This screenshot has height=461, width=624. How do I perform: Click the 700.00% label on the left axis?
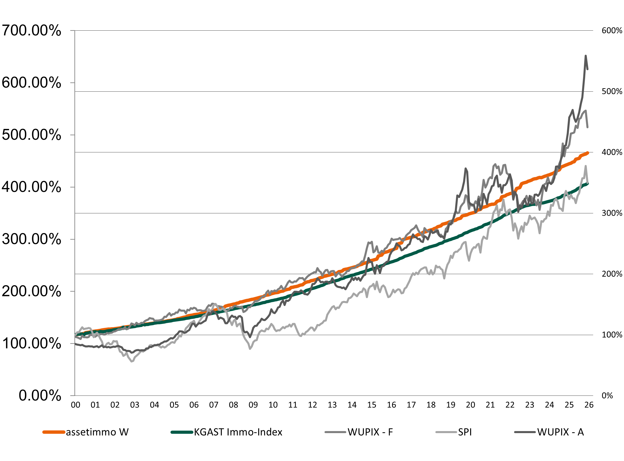tap(31, 30)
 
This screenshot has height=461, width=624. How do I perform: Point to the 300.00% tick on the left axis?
tap(31, 239)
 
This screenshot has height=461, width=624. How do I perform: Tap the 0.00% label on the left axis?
tap(40, 396)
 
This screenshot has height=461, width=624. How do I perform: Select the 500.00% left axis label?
tap(31, 135)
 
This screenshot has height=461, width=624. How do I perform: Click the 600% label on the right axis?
tap(612, 30)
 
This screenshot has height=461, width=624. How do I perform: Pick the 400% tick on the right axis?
tap(612, 152)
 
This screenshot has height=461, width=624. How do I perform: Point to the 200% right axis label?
tap(612, 274)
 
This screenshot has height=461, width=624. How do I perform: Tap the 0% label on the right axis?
tap(607, 396)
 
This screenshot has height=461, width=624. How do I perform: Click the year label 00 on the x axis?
tap(76, 405)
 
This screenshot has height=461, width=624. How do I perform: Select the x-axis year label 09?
tap(253, 405)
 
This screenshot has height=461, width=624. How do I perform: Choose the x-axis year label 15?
tap(372, 405)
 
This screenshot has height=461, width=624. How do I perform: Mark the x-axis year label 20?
tap(470, 405)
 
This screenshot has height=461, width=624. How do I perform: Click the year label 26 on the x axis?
tap(589, 405)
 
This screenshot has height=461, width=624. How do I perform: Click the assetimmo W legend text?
tap(97, 432)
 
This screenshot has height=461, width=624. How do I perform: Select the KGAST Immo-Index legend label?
tap(238, 432)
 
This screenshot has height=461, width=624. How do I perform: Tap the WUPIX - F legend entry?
tap(370, 432)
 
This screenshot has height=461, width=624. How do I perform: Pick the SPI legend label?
tap(465, 432)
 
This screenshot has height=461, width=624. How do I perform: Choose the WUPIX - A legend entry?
tap(560, 432)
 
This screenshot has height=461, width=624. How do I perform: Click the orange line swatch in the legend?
tap(54, 432)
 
